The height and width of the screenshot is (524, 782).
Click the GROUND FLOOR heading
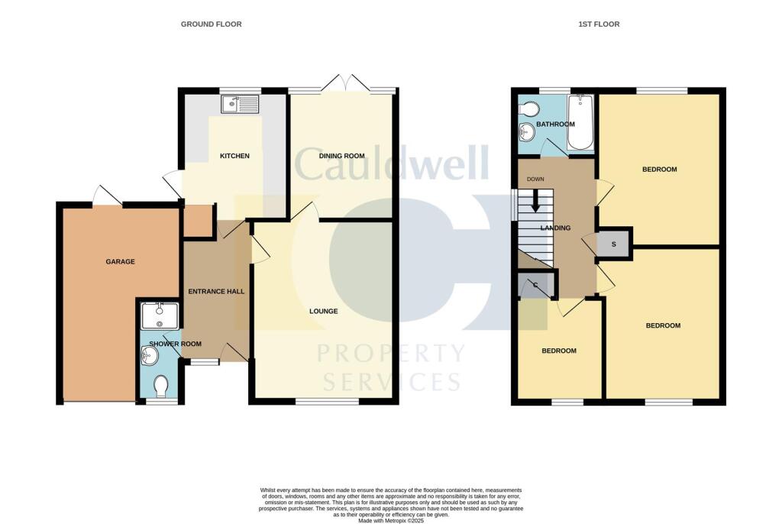tap(211, 24)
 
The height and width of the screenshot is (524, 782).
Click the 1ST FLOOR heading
tap(599, 24)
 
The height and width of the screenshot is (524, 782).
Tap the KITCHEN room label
tap(234, 156)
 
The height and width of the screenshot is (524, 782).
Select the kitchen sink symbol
tap(240, 102)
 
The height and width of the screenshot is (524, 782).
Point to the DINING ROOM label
tap(341, 156)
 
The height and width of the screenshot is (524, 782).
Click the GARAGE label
tap(120, 261)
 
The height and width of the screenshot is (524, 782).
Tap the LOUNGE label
tap(324, 312)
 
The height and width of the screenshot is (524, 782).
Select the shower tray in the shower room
tap(160, 315)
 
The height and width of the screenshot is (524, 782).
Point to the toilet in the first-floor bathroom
tap(528, 108)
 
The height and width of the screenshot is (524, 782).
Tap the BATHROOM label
tap(555, 125)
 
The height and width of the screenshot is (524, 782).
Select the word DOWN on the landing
tap(536, 180)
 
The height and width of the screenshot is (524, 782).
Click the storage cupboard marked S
tap(614, 244)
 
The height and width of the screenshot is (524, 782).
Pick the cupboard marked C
tap(536, 286)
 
